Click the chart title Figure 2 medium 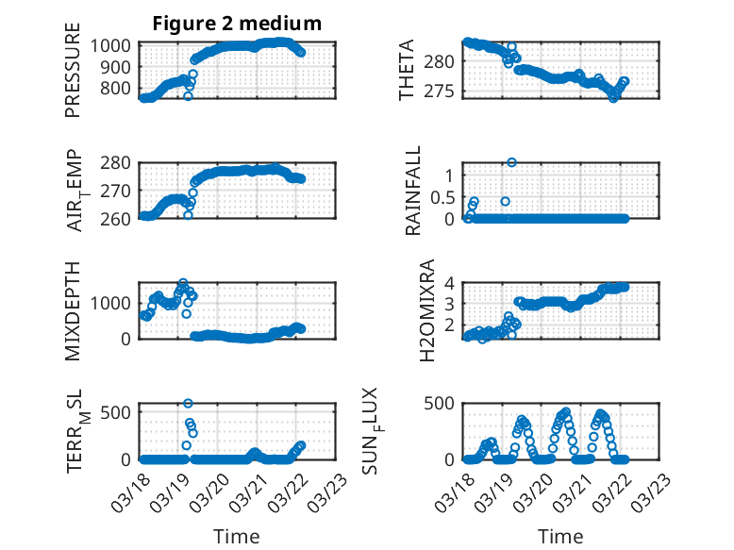(x=237, y=24)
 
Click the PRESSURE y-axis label (x=74, y=76)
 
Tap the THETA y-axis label (x=407, y=71)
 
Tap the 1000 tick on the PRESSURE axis (x=115, y=45)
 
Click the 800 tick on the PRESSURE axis (x=120, y=89)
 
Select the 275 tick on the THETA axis (x=445, y=91)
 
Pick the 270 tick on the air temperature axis (x=120, y=191)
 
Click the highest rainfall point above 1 (x=511, y=162)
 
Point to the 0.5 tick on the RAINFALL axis (x=442, y=197)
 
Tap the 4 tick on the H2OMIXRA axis (x=451, y=283)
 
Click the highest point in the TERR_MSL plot (x=188, y=404)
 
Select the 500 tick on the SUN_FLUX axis (x=445, y=404)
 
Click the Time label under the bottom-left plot (x=237, y=537)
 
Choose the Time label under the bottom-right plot (x=560, y=537)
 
